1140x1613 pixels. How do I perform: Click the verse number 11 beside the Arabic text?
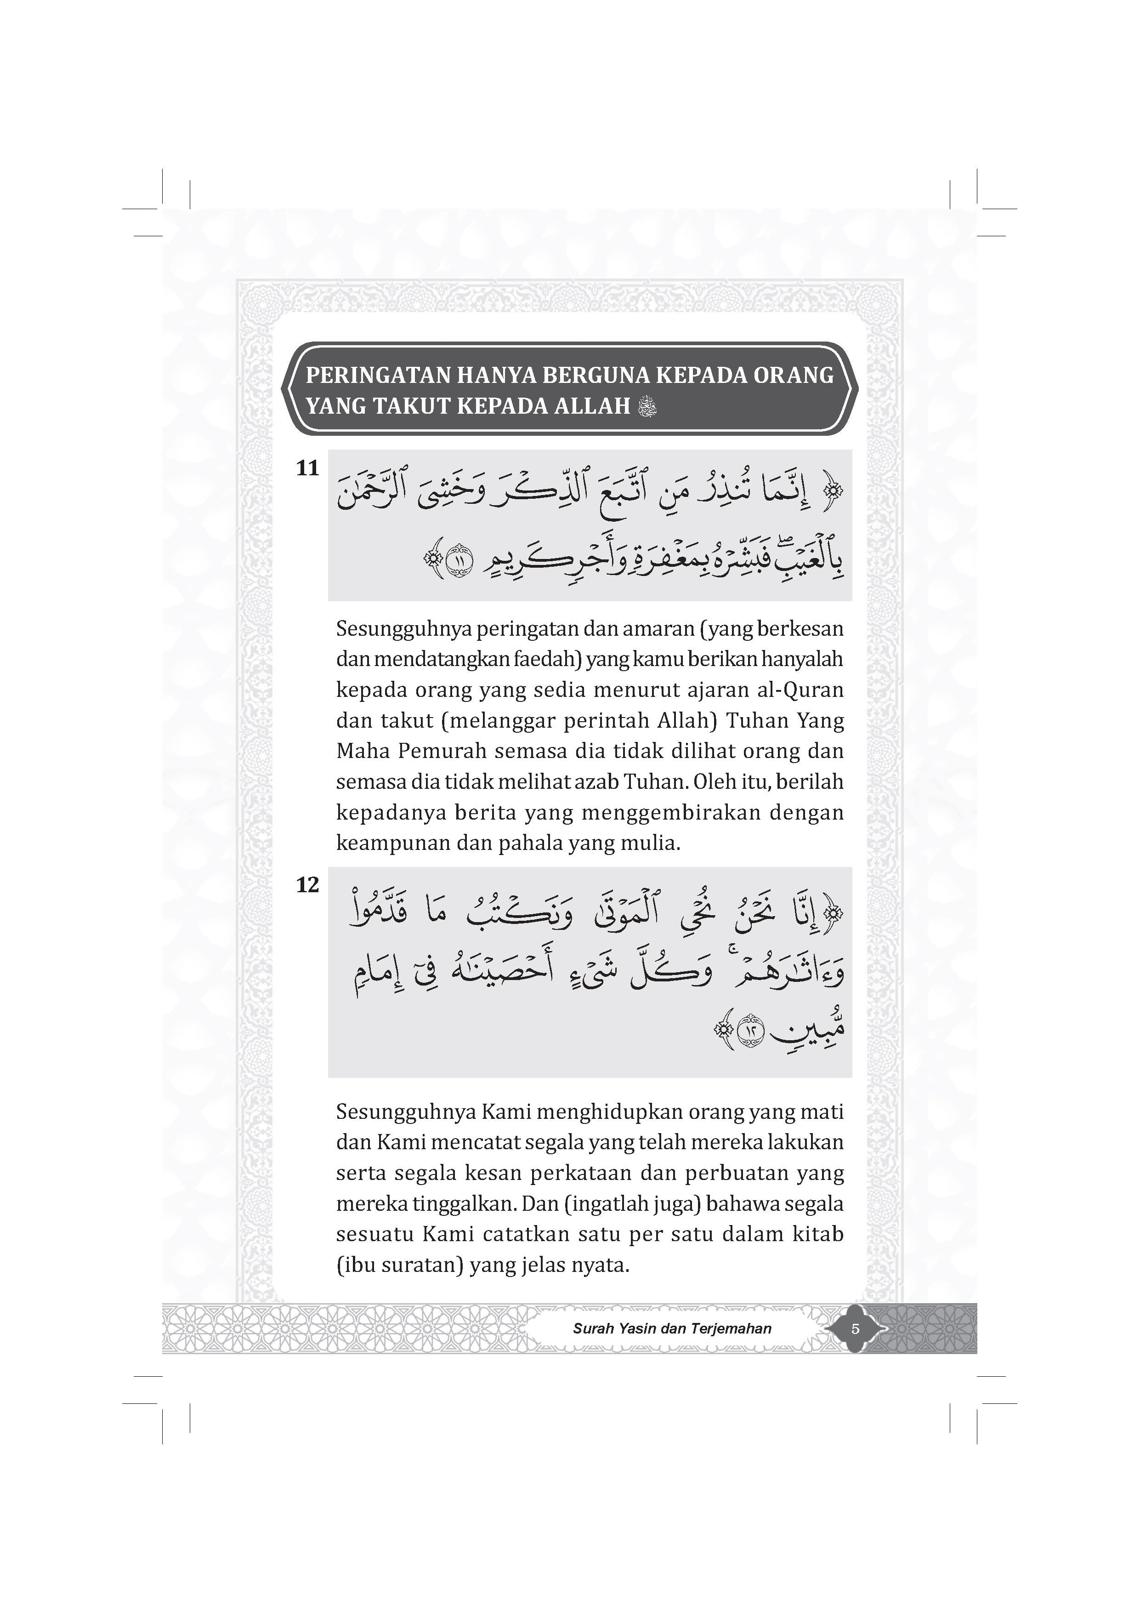pos(308,468)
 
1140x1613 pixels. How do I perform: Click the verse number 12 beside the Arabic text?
pos(308,885)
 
